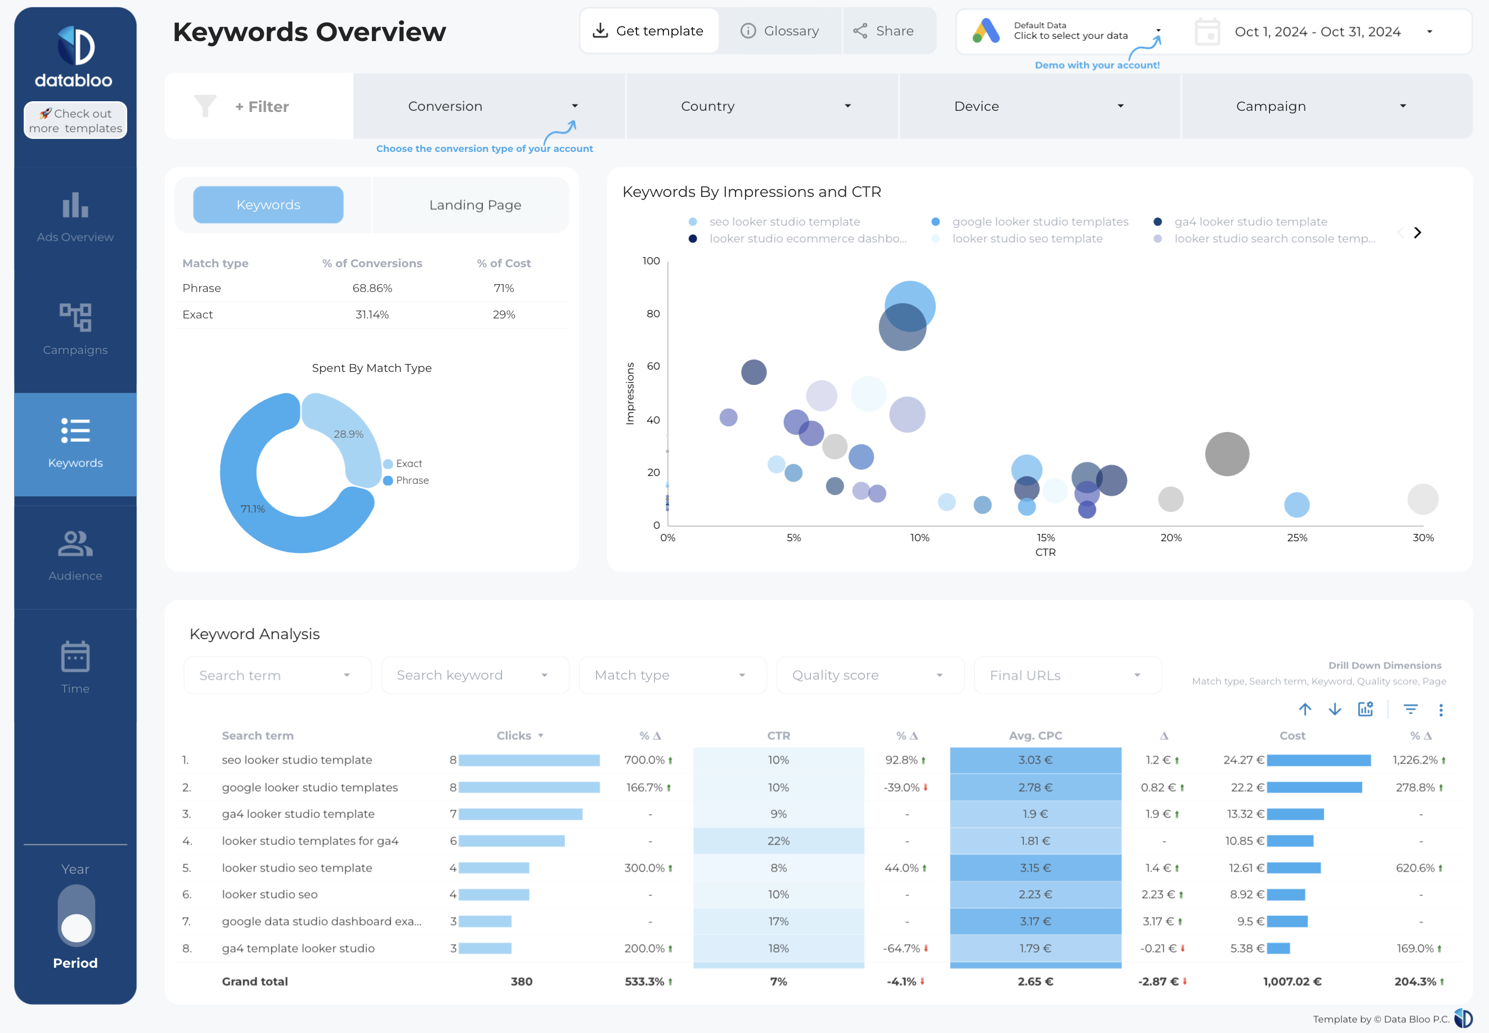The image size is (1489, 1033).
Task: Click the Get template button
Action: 649,31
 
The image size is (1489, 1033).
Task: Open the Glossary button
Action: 779,31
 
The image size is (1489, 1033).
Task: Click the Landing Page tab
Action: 474,205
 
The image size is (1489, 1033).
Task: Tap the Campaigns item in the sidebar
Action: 75,329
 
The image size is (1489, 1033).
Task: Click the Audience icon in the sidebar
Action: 75,544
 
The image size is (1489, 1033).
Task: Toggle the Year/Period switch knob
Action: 77,927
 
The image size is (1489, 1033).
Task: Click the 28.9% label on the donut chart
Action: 348,434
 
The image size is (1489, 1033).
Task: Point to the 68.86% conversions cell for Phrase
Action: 373,288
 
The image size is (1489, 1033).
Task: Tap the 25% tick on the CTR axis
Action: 1296,538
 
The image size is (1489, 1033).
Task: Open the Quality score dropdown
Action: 869,675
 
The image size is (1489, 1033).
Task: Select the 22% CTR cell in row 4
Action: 778,841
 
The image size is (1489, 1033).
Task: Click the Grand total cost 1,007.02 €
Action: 1291,981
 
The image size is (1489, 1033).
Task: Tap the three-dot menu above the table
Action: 1441,710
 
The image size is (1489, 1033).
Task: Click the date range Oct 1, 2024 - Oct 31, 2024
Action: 1317,32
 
